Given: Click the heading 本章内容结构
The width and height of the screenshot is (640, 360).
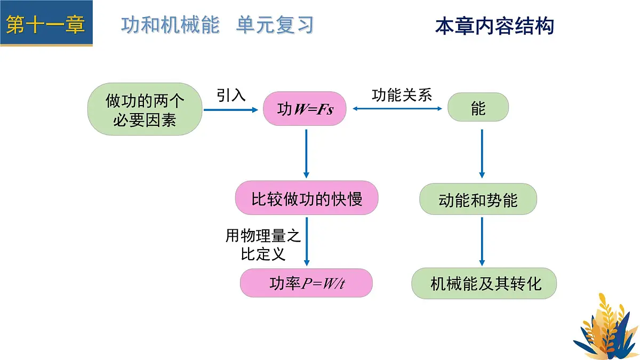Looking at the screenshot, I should [x=494, y=26].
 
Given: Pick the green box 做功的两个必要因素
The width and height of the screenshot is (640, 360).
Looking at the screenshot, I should [x=145, y=109].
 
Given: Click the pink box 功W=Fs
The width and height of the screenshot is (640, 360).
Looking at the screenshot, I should [x=305, y=110].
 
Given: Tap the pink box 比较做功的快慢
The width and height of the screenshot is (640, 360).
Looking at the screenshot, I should [x=307, y=198].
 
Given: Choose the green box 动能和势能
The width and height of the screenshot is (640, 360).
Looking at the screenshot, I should [x=478, y=200].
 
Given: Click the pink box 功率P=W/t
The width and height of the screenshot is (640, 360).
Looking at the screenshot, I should [x=306, y=283].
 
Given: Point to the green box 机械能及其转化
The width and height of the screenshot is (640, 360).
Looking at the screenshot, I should [x=484, y=283].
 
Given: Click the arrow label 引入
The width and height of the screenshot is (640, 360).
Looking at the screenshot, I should [x=231, y=95].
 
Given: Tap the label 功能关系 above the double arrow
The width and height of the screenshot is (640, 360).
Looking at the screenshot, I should [x=402, y=94].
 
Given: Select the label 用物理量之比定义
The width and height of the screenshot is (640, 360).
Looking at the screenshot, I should [x=263, y=244].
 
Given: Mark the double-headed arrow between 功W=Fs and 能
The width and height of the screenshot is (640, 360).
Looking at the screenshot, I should [x=398, y=109].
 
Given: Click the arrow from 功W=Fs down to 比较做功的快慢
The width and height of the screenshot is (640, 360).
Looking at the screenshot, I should [x=306, y=154].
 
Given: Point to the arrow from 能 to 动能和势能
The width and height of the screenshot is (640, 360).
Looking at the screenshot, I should [x=482, y=154].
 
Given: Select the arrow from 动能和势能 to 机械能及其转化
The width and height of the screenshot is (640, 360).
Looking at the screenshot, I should [x=482, y=241].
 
